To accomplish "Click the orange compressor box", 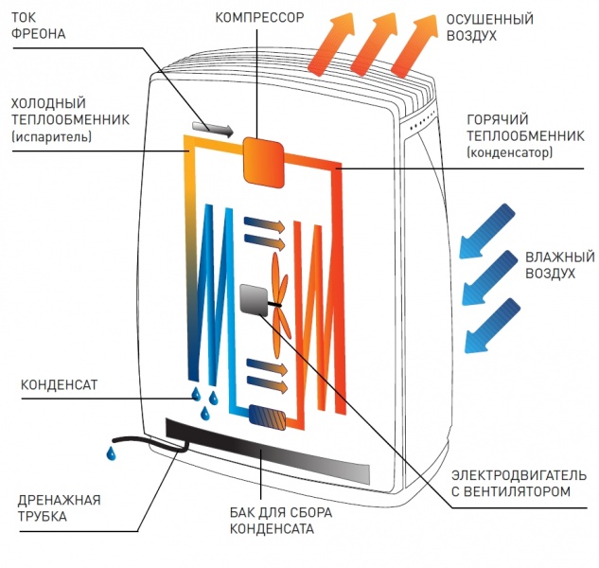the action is click(x=264, y=162).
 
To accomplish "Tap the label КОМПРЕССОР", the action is click(x=259, y=18).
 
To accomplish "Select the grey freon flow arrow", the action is click(x=212, y=130).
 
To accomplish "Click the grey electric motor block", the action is click(x=254, y=300).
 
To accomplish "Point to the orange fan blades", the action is click(x=281, y=305).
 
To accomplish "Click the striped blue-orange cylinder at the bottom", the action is click(x=268, y=417).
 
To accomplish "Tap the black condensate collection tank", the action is click(x=268, y=451).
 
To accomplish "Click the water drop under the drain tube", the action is click(x=111, y=453).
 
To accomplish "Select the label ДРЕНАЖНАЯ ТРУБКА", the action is click(x=60, y=508).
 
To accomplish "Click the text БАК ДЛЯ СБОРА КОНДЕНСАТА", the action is click(x=281, y=521).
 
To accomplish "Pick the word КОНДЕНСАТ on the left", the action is click(x=60, y=384).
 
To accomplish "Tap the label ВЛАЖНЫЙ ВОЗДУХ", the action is click(x=560, y=265).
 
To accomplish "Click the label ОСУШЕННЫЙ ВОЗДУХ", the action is click(x=490, y=27).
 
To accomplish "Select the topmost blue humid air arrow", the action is click(x=486, y=231).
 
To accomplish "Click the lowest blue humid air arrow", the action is click(x=492, y=326).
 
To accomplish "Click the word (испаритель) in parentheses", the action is click(x=51, y=136).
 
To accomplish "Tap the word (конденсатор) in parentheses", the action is click(x=510, y=153).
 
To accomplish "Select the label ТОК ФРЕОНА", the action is click(x=38, y=26).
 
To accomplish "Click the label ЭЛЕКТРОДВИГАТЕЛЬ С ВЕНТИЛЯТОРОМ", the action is click(x=519, y=483).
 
